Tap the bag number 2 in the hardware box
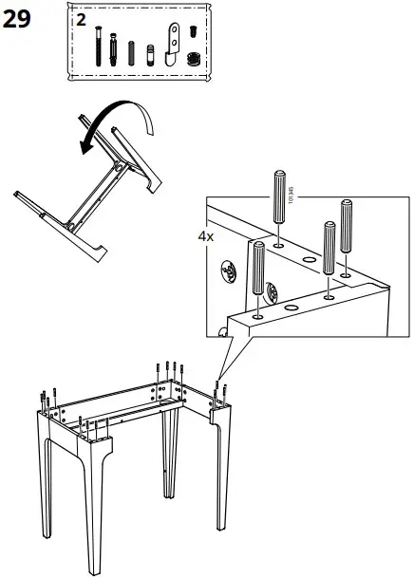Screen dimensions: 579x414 (x=81, y=19)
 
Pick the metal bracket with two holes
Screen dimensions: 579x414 (x=174, y=42)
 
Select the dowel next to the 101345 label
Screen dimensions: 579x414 (x=278, y=195)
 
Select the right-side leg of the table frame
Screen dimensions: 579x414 (x=222, y=475)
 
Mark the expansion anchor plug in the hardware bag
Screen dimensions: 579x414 (x=114, y=47)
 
